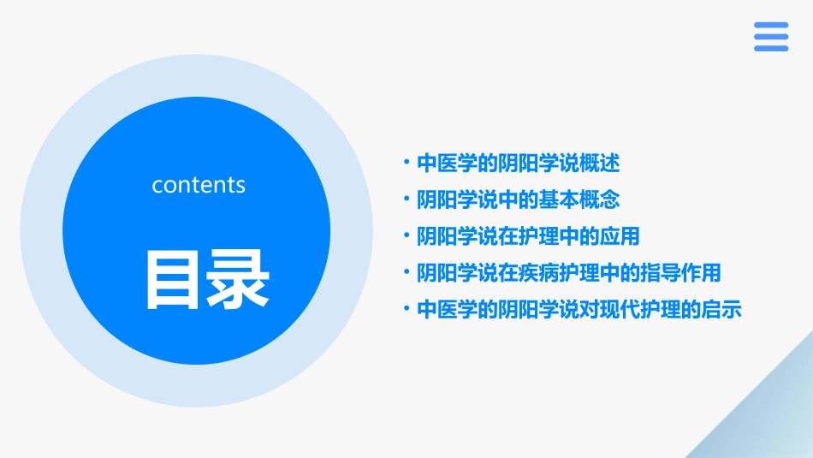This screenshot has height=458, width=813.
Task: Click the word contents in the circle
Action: point(199,185)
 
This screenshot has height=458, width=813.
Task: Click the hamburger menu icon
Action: point(771,37)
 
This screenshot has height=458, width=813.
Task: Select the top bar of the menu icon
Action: point(771,26)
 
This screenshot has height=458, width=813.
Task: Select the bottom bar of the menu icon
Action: point(771,48)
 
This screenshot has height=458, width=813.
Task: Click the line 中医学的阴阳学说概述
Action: point(518,163)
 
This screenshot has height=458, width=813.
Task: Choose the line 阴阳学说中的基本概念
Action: point(518,199)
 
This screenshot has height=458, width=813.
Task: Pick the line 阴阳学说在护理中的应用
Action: point(528,236)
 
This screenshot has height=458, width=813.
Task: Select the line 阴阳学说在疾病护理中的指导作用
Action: point(568,273)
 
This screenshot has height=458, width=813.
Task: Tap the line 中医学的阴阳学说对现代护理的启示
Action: point(579,310)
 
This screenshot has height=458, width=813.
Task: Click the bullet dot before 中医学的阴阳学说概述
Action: point(407,162)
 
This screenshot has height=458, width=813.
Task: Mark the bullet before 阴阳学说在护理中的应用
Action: point(407,235)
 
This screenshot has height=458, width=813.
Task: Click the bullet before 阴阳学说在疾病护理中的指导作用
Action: point(407,272)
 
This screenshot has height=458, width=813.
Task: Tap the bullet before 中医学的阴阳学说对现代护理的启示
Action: point(407,309)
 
